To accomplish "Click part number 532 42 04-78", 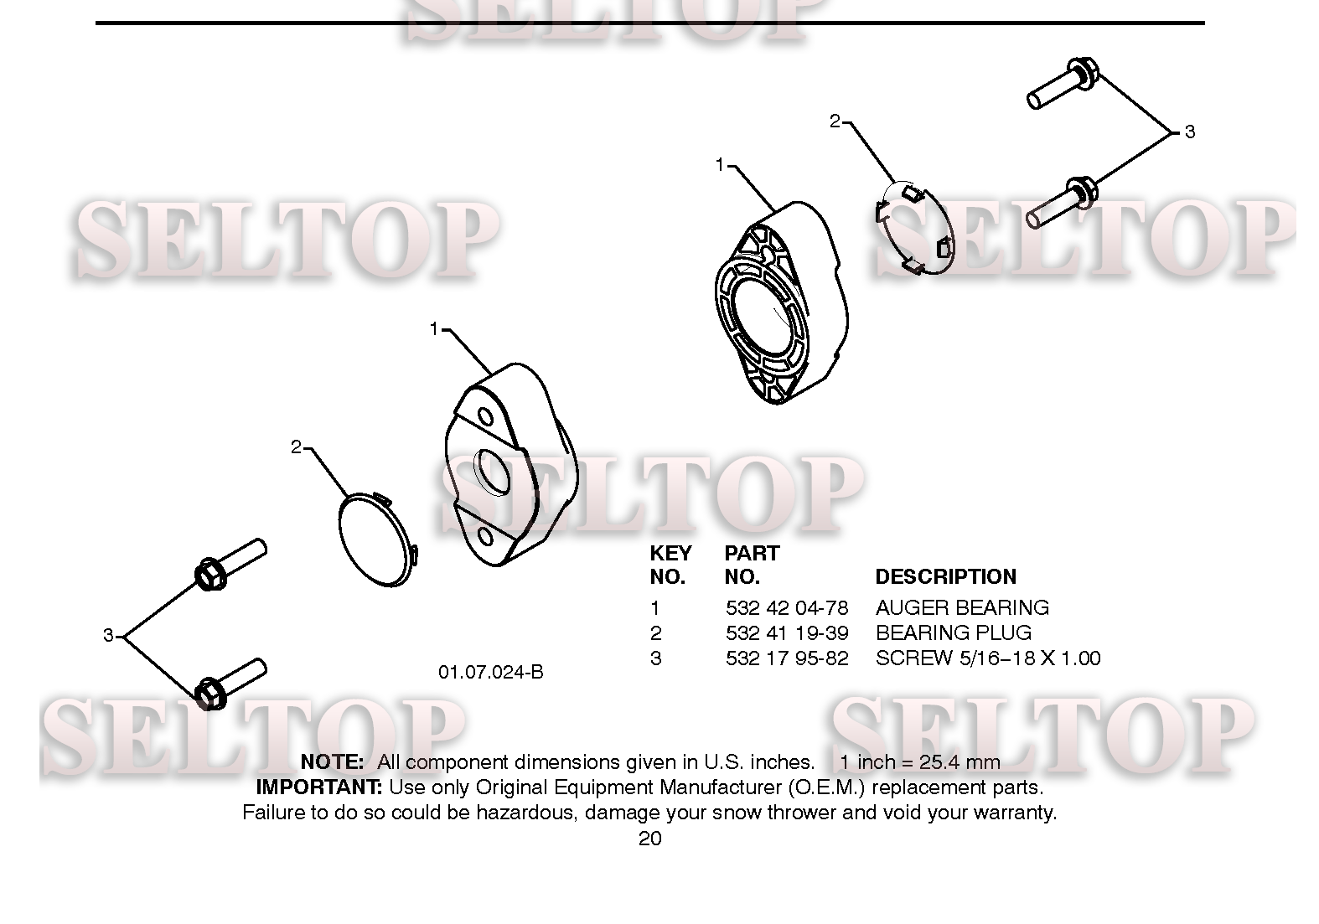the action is coord(787,607).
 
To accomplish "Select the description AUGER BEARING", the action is coord(962,607).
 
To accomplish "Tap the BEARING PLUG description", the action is coord(954,632).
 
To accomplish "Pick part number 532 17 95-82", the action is coord(787,658).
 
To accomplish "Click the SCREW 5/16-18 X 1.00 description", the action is coord(988,658).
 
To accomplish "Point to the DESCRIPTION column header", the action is coord(946,576).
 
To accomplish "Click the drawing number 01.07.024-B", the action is coord(490,672).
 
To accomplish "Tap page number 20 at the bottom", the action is coord(650,838).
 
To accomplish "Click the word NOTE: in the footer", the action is coord(332,762).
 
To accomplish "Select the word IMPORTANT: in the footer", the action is coord(319,787).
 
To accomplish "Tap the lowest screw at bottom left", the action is coord(230,684).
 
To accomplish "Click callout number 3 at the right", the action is coord(1189,132).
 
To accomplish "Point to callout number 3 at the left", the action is coord(108,636).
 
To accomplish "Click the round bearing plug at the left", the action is coord(378,539).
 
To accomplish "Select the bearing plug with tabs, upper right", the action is coord(914,229).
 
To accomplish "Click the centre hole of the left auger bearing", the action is coord(494,472).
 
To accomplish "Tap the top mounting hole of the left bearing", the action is coord(485,417).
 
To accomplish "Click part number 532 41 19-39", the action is coord(787,632).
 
